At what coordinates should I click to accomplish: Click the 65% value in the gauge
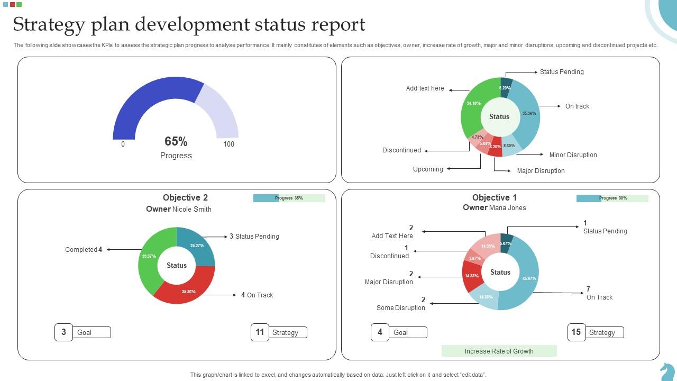pyautogui.click(x=176, y=141)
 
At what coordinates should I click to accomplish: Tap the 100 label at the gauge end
pyautogui.click(x=228, y=144)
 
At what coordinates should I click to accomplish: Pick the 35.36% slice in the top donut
pyautogui.click(x=528, y=114)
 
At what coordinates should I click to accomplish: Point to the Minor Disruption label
pyautogui.click(x=573, y=155)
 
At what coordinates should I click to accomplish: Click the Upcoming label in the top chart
pyautogui.click(x=428, y=169)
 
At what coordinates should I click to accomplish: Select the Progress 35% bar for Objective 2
pyautogui.click(x=289, y=198)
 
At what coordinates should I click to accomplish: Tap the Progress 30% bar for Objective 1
pyautogui.click(x=612, y=198)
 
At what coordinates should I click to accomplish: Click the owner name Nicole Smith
pyautogui.click(x=191, y=209)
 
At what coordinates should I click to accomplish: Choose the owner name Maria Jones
pyautogui.click(x=507, y=207)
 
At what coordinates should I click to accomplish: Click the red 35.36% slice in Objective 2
pyautogui.click(x=188, y=291)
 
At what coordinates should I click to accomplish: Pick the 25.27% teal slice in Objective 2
pyautogui.click(x=197, y=246)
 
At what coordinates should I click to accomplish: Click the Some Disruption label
pyautogui.click(x=400, y=308)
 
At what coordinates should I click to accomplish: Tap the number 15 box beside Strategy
pyautogui.click(x=576, y=332)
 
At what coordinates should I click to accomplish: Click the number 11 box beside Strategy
pyautogui.click(x=260, y=332)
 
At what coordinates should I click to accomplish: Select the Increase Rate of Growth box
pyautogui.click(x=499, y=351)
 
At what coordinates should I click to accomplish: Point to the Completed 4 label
pyautogui.click(x=84, y=250)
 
